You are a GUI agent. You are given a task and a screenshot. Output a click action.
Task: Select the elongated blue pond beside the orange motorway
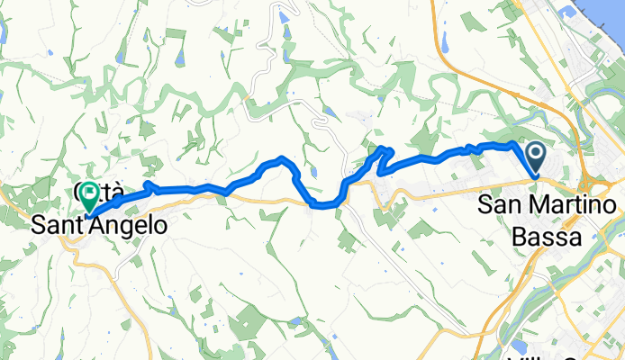(443, 40)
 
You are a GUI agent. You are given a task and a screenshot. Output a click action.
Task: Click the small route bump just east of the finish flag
(149, 186)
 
